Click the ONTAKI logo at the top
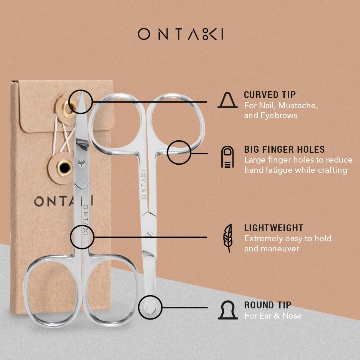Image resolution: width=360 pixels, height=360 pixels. click(x=180, y=34)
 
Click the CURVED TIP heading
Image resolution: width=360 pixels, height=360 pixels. click(x=270, y=95)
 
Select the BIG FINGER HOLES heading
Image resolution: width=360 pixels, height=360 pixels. click(x=284, y=149)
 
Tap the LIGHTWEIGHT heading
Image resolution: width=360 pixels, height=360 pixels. click(x=274, y=228)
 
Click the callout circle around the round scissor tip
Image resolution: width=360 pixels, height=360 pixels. click(x=151, y=308)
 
